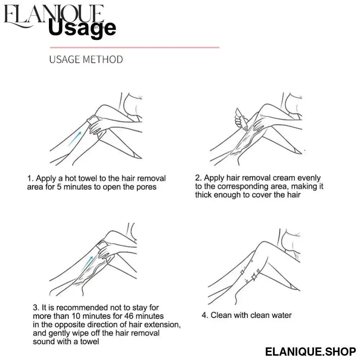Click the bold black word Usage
[82, 28]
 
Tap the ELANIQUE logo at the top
[54, 15]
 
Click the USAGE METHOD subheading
[86, 59]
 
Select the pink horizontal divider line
[135, 48]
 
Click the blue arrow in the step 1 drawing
[75, 139]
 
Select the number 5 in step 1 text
[59, 187]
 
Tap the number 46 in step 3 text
[129, 316]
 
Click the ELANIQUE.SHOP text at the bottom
[311, 351]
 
